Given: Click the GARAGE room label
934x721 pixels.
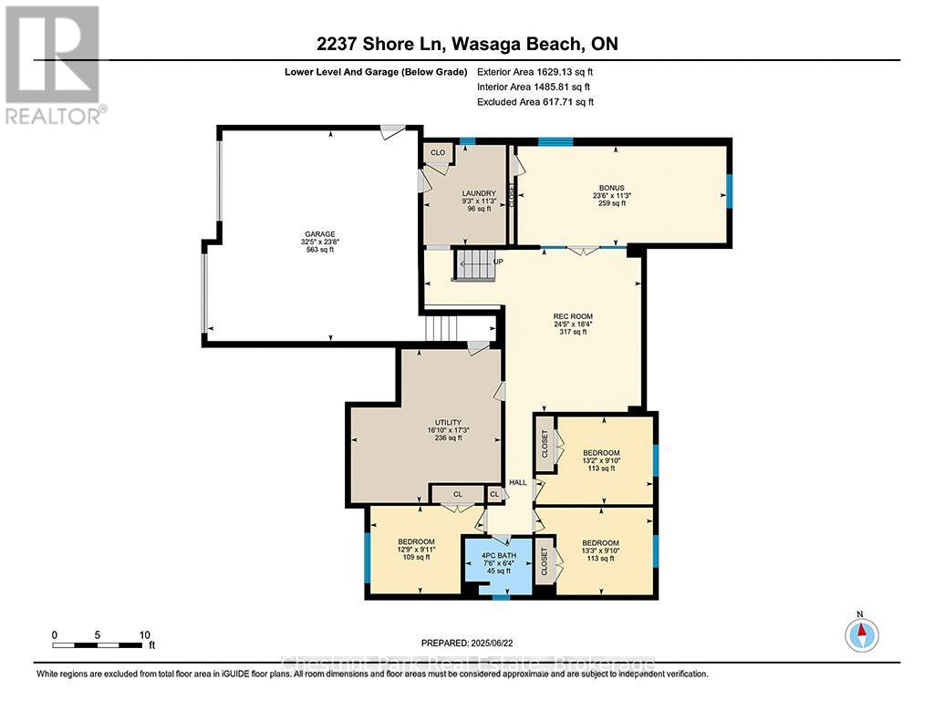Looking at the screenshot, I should click(x=319, y=234).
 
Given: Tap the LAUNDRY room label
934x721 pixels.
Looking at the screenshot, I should click(x=478, y=193).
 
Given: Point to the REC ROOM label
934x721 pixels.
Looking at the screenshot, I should click(x=576, y=316).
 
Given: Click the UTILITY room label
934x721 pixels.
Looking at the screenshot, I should click(x=448, y=423).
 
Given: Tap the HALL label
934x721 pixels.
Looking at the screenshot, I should click(x=518, y=482).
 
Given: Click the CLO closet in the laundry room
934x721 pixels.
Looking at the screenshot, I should click(x=438, y=152).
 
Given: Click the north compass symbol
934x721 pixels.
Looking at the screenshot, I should click(x=861, y=633).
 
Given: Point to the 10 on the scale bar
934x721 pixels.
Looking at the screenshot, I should click(x=143, y=634).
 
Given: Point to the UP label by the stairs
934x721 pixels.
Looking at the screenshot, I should click(x=498, y=262).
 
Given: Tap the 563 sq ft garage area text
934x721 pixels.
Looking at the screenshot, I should click(x=319, y=251).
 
